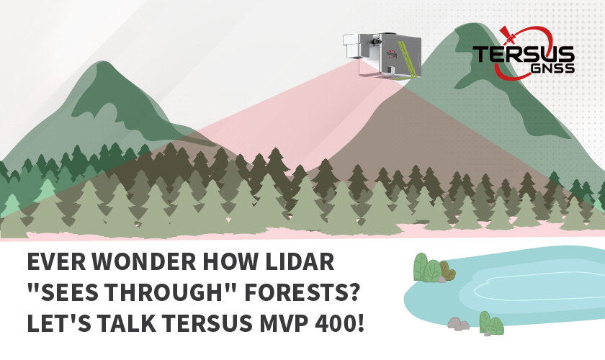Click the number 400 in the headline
click(337, 323)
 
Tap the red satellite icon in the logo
click(508, 35)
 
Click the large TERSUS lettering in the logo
click(524, 54)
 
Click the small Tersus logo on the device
click(391, 54)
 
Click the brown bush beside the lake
click(447, 271)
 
